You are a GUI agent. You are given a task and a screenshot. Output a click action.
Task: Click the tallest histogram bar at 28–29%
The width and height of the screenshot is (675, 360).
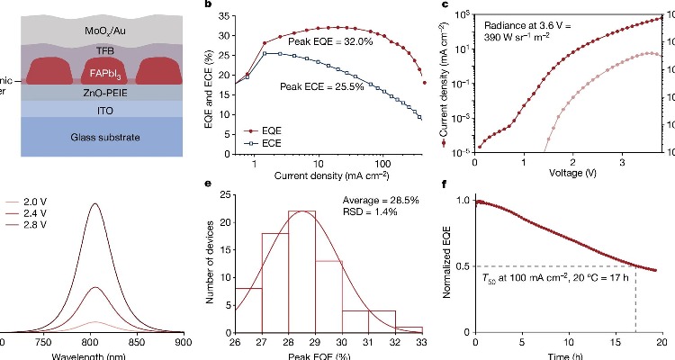[x=302, y=271]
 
